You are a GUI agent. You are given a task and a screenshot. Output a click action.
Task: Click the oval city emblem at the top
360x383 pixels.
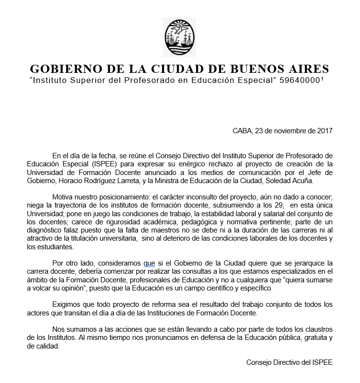[x=179, y=36]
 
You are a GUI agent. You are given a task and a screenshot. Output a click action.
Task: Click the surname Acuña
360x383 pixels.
[x=318, y=182]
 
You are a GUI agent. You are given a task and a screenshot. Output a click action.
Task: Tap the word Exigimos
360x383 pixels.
[x=67, y=304]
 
